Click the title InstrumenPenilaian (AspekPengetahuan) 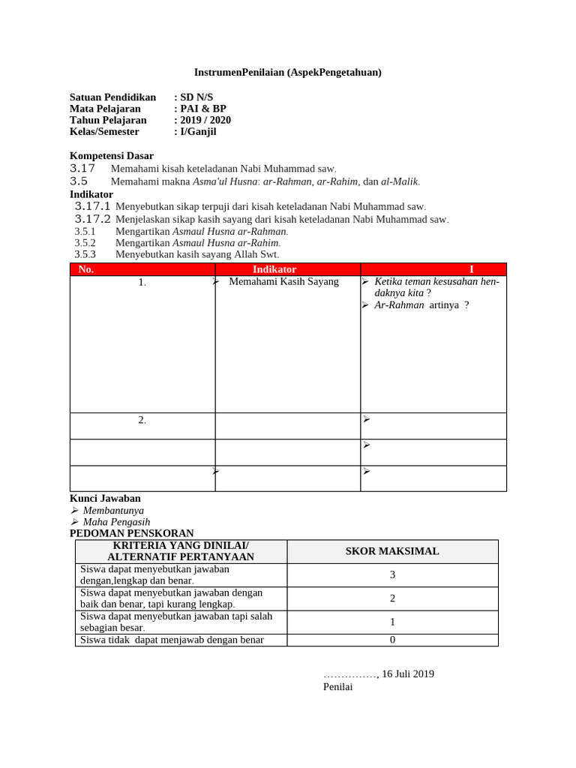pos(288,72)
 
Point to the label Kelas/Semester pos(104,131)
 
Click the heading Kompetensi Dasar pos(112,155)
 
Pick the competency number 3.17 pos(82,169)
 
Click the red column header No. pos(86,269)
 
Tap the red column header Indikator pos(274,269)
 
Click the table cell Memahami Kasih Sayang pos(283,282)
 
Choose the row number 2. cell pos(142,420)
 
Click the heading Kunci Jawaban pos(105,498)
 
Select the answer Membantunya pos(113,510)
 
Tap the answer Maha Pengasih pos(116,522)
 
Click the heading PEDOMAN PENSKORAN pos(132,533)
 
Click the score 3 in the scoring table pos(392,575)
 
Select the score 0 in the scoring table pos(392,640)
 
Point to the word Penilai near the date pos(337,687)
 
